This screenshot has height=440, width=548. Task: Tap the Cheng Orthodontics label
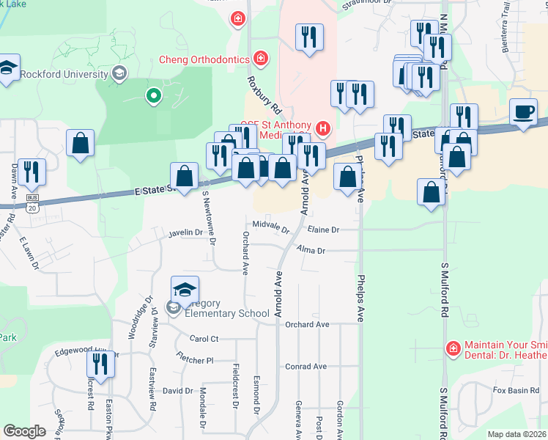(205, 59)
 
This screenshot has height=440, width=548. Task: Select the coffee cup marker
(523, 112)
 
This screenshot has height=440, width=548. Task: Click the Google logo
(24, 431)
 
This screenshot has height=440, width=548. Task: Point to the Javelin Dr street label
(185, 232)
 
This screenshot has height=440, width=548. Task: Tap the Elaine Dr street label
(323, 230)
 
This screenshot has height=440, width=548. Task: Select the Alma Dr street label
(311, 251)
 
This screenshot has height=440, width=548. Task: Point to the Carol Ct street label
(204, 340)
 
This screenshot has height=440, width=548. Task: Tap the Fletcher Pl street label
(194, 359)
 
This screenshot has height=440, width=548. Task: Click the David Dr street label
(177, 391)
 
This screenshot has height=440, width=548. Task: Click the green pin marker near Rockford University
(153, 95)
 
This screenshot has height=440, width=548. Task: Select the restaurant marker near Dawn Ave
(32, 172)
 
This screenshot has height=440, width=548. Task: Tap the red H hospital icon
(323, 130)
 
